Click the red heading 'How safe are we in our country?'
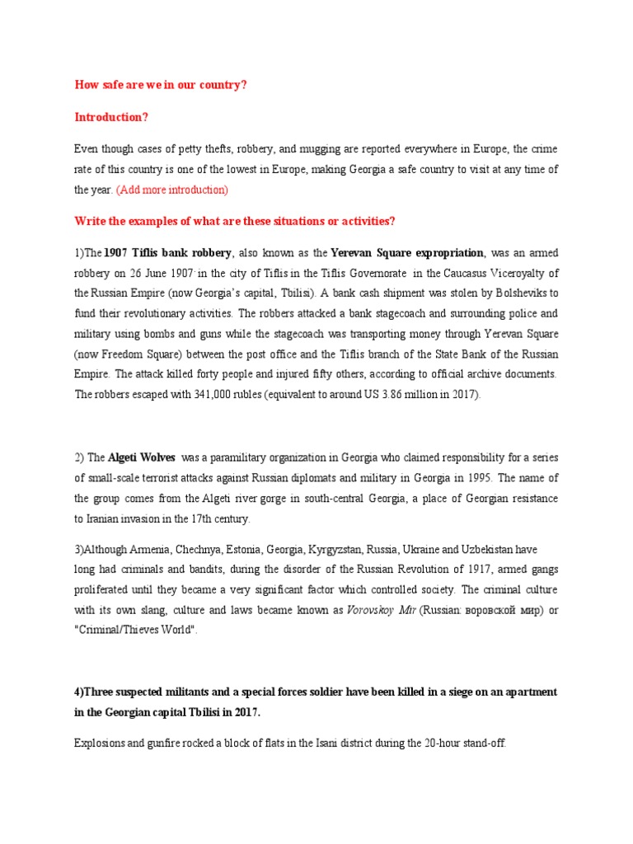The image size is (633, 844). point(161,85)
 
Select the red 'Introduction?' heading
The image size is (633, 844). point(111,117)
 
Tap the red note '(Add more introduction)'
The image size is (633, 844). point(172,190)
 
